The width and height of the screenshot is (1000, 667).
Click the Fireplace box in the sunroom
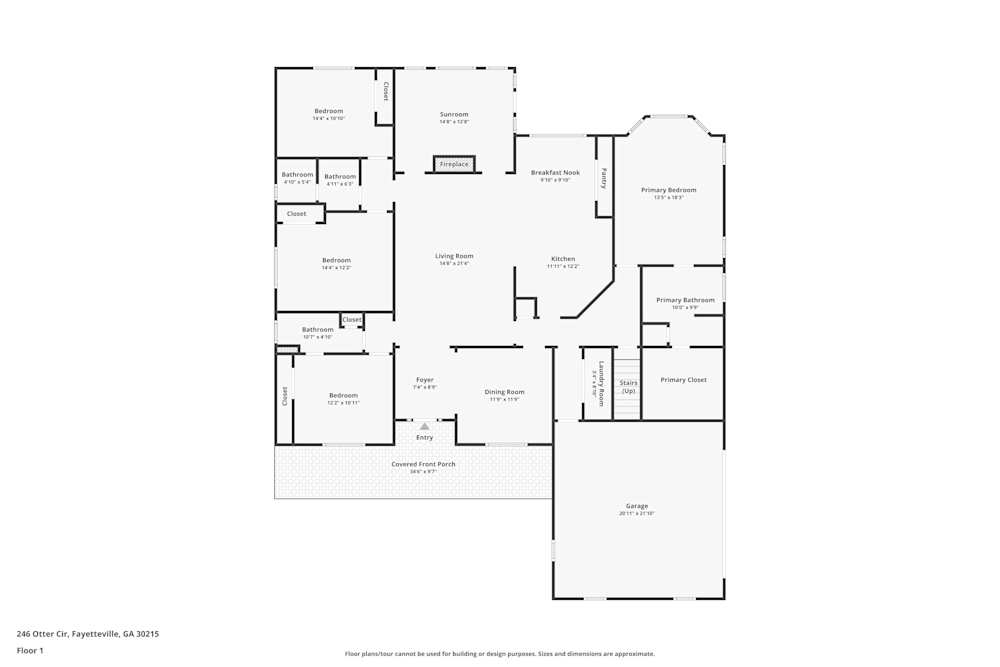tap(454, 164)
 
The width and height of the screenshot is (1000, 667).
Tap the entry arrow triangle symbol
tap(424, 427)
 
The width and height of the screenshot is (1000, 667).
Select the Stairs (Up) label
tap(628, 386)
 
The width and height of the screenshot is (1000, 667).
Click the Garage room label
tap(637, 506)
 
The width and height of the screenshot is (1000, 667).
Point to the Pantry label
tap(604, 178)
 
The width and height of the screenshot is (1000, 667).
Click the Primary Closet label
tap(683, 380)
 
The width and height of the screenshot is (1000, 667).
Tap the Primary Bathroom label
tap(685, 300)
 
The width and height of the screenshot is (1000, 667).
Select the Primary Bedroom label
tap(668, 190)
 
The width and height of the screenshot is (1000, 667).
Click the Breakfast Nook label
tap(555, 173)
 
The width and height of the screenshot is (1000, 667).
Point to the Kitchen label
tap(563, 259)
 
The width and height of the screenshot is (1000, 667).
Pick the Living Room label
tap(454, 256)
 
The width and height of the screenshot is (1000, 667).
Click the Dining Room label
tap(504, 392)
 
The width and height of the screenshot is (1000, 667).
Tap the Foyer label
tap(425, 380)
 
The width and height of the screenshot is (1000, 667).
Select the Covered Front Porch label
tap(424, 464)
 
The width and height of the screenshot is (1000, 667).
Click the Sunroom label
tap(454, 115)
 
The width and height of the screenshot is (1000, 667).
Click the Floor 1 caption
tap(30, 650)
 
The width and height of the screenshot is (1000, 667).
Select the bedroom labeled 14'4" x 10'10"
tap(328, 112)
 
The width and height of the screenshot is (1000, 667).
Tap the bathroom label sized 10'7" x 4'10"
tap(318, 330)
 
